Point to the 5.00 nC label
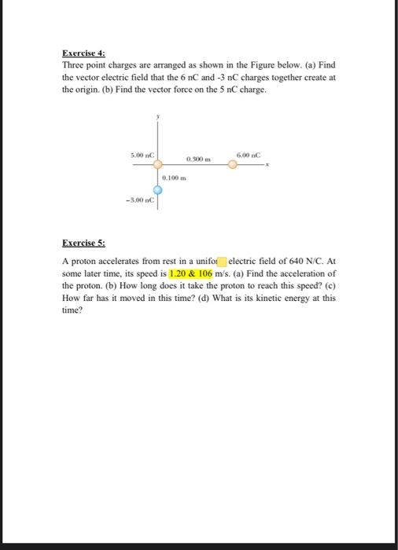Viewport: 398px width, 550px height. pyautogui.click(x=142, y=156)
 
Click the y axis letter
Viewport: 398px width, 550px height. pyautogui.click(x=157, y=115)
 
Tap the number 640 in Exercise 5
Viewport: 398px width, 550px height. pyautogui.click(x=273, y=261)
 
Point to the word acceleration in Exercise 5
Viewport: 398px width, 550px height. pyautogui.click(x=308, y=273)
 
